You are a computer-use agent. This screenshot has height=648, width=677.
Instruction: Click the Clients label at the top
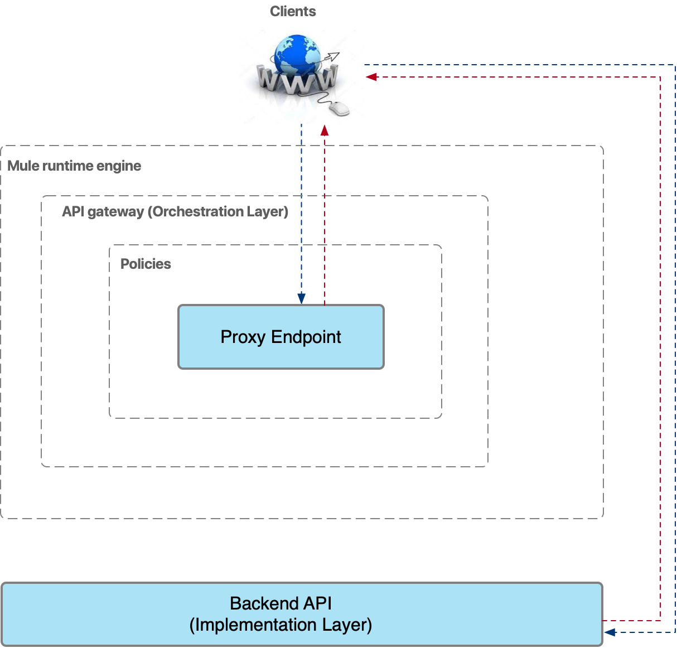tap(293, 12)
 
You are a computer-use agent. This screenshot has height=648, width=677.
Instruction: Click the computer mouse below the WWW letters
tap(338, 108)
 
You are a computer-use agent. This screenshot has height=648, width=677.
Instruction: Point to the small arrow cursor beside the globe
tap(332, 57)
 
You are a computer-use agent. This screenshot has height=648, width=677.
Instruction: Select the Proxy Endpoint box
tap(281, 337)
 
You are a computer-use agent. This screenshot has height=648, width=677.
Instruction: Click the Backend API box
tap(302, 614)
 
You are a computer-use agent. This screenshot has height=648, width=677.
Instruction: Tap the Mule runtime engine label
tap(74, 166)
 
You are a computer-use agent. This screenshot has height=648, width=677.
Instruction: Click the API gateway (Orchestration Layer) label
tap(175, 212)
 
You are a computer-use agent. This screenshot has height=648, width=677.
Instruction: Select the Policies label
tap(146, 264)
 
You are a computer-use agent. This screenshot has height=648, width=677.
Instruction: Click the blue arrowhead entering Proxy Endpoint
tap(302, 299)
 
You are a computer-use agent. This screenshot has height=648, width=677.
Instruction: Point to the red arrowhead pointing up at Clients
tap(325, 130)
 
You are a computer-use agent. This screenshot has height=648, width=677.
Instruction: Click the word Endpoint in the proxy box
tap(306, 337)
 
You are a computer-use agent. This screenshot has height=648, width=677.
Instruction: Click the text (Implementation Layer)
tap(281, 625)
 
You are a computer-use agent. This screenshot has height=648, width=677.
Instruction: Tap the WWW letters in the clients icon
tap(297, 81)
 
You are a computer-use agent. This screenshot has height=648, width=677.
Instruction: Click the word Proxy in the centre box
tap(243, 337)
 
